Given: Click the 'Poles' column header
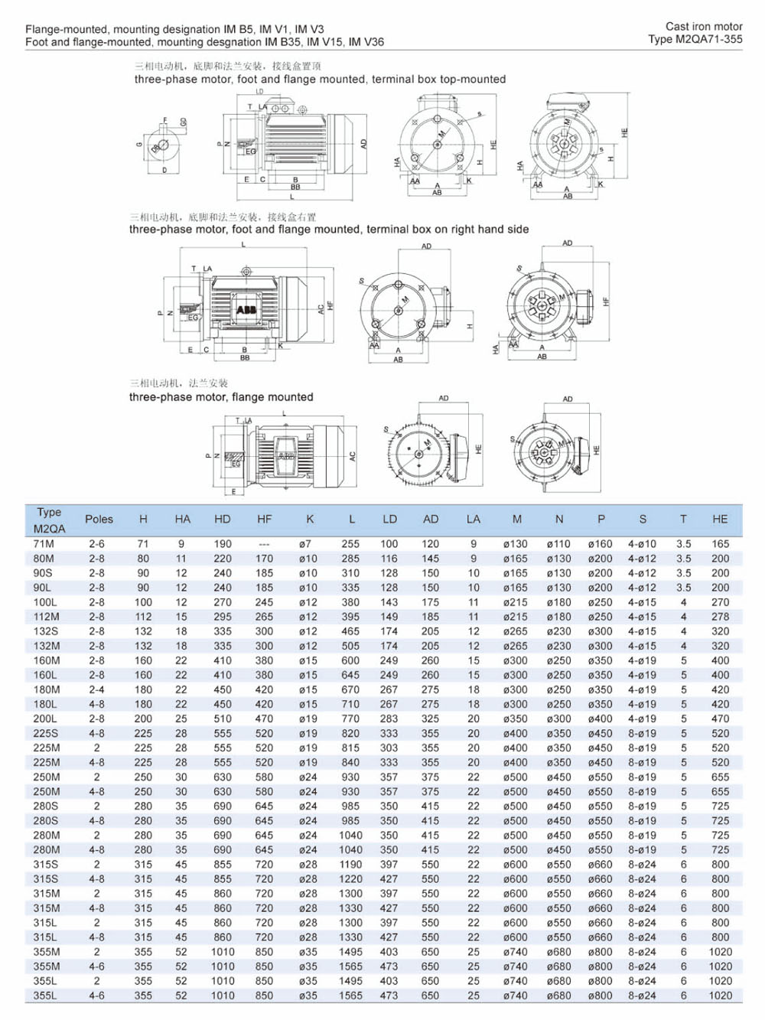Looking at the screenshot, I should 99,519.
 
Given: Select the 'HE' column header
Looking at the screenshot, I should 720,519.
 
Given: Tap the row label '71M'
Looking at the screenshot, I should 44,544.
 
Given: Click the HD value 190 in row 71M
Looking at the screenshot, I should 223,544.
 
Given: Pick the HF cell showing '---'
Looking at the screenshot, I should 264,544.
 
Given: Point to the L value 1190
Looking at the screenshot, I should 350,865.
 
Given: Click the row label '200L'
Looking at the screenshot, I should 44,719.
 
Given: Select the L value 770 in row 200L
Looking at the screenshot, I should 350,719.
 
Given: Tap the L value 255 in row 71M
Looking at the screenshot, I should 350,544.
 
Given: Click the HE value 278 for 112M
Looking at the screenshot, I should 720,617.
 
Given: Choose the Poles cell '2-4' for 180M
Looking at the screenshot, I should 96,689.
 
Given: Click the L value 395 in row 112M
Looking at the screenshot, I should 350,617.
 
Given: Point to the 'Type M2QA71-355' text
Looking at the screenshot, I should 695,39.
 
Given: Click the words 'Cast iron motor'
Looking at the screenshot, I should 704,26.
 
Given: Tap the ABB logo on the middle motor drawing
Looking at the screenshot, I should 246,310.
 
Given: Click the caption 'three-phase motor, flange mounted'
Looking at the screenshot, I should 221,397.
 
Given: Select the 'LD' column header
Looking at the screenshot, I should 389,519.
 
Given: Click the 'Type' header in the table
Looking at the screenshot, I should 49,512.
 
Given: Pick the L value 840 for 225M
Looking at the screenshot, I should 350,762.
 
